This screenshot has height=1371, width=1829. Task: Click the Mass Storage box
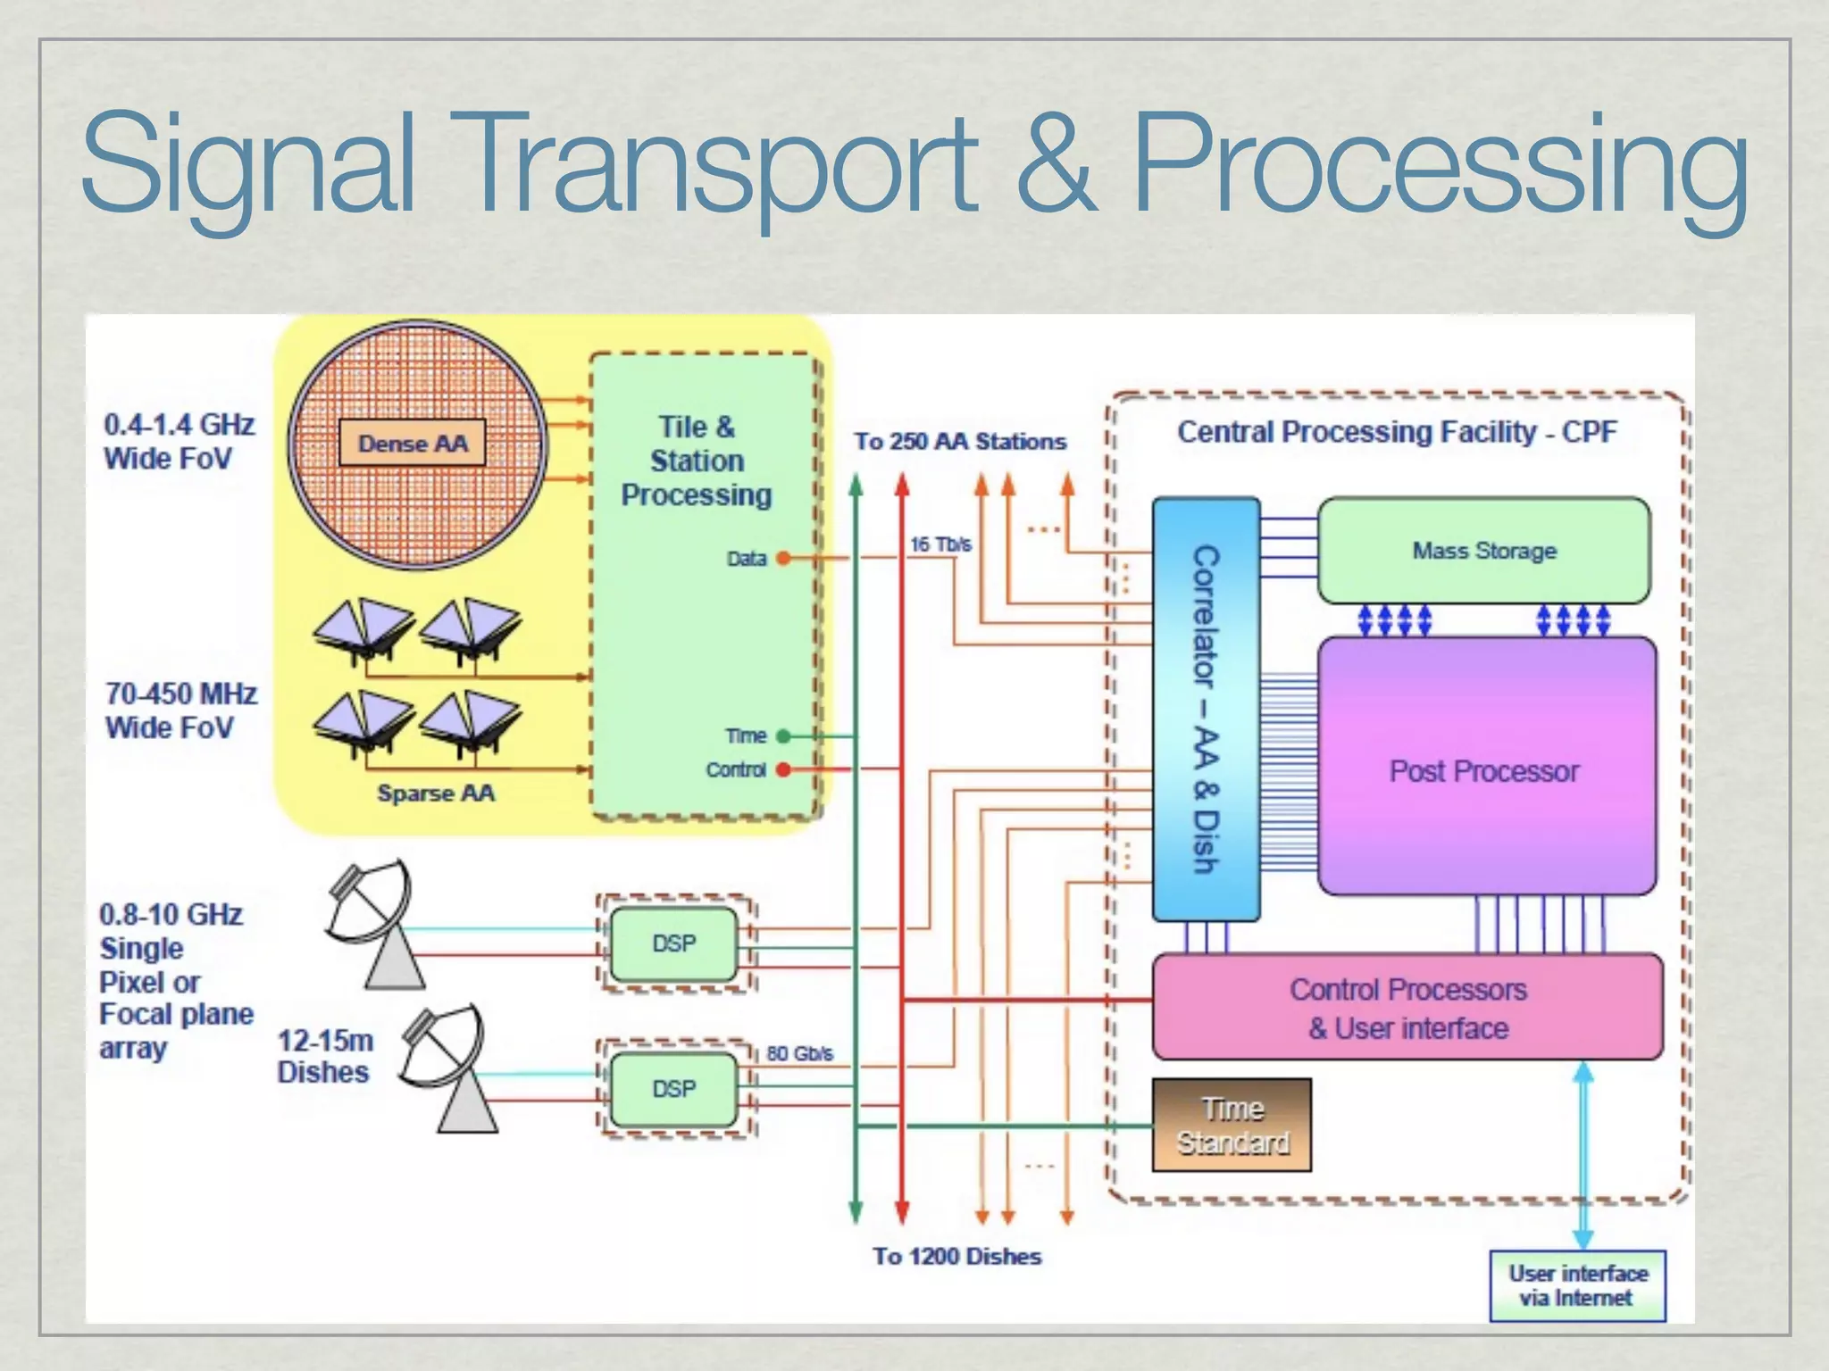click(1483, 551)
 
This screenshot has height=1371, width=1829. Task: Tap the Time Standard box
click(1232, 1125)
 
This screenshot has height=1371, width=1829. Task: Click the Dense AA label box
click(413, 443)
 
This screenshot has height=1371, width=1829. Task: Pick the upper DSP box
click(673, 943)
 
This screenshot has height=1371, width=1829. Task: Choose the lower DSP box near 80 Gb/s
click(673, 1089)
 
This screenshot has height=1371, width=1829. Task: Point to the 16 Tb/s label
click(940, 544)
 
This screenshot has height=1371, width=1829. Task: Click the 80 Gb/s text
click(799, 1053)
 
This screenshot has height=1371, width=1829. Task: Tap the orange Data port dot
click(783, 559)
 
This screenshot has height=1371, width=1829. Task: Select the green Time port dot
click(783, 736)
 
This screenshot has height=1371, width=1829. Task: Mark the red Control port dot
click(783, 769)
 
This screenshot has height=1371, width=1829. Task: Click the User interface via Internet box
click(1577, 1285)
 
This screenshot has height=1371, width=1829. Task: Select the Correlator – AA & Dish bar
click(1206, 710)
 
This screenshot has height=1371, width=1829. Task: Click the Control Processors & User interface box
click(1407, 1008)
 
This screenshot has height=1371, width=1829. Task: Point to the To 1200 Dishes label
click(957, 1256)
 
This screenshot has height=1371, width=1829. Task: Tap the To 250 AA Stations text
click(960, 441)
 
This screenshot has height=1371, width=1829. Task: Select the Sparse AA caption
click(435, 793)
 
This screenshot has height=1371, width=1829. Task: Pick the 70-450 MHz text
click(181, 694)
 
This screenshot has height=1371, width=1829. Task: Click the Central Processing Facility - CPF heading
click(1396, 432)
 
